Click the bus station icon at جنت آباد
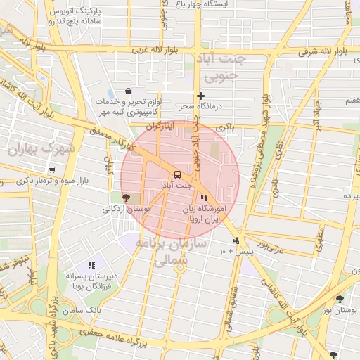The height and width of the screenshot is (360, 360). coord(176,174)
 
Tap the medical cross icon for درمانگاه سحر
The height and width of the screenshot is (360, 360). coord(201,96)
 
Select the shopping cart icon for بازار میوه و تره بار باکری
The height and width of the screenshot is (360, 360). coord(52,170)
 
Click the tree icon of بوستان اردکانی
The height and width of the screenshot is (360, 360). coord(126,198)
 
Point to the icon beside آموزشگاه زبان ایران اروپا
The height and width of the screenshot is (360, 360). coord(204,198)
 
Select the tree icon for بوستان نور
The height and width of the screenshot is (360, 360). coord(340,299)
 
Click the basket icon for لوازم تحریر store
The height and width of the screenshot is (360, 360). coord(127,91)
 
